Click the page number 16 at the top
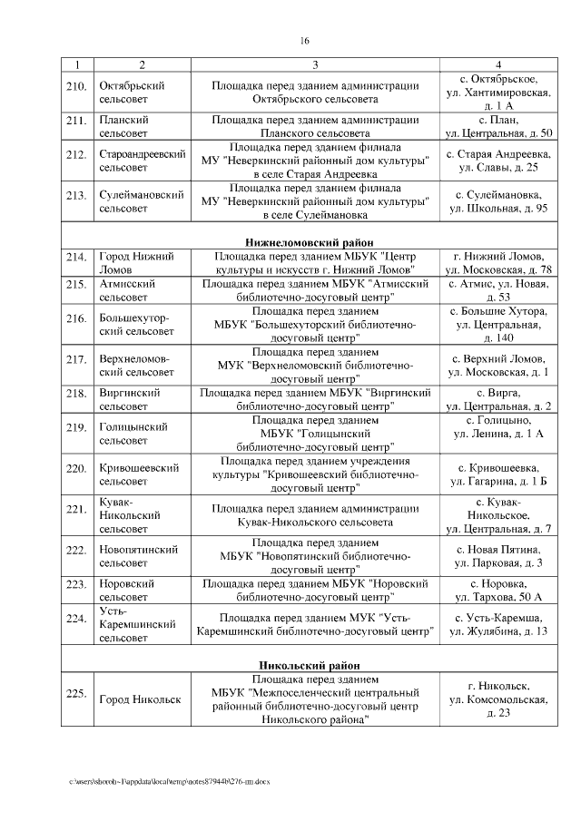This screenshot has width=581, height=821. click(305, 40)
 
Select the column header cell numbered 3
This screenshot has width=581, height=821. click(315, 64)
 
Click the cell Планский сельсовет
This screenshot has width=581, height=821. click(124, 126)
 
